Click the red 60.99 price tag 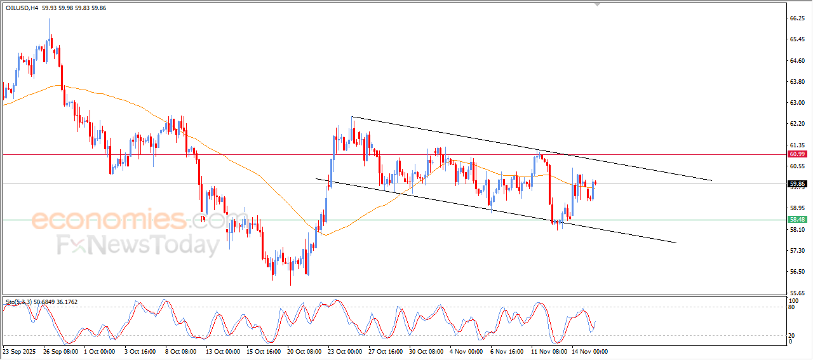pyautogui.click(x=796, y=154)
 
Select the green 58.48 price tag pyautogui.click(x=796, y=220)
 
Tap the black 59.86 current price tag pyautogui.click(x=796, y=184)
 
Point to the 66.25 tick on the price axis pyautogui.click(x=796, y=19)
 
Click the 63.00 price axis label pyautogui.click(x=796, y=103)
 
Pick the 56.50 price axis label pyautogui.click(x=796, y=272)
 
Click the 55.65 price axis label pyautogui.click(x=796, y=293)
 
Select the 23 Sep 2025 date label pyautogui.click(x=20, y=351)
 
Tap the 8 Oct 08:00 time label pyautogui.click(x=181, y=351)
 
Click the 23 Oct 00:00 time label pyautogui.click(x=346, y=351)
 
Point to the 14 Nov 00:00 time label pyautogui.click(x=589, y=351)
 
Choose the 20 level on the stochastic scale pyautogui.click(x=791, y=335)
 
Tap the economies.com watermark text pyautogui.click(x=127, y=220)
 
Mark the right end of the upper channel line pyautogui.click(x=711, y=180)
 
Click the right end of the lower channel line pyautogui.click(x=676, y=243)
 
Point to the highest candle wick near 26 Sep pyautogui.click(x=50, y=19)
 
